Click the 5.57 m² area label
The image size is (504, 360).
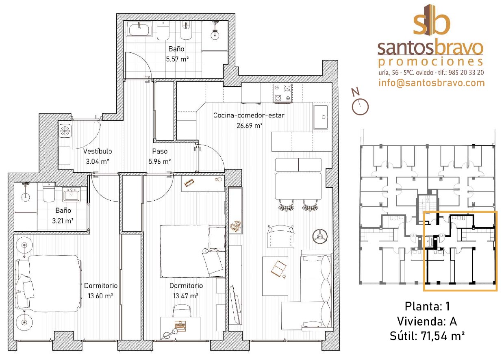177,59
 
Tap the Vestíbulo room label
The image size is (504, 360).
98,151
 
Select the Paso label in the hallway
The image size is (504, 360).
160,151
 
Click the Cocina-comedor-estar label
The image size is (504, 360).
249,115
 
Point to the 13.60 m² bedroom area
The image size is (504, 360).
100,296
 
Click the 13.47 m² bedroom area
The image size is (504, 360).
186,296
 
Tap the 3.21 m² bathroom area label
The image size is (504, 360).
63,221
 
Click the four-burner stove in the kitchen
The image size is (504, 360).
282,93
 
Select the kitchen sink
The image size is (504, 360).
321,117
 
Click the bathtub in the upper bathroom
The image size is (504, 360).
139,29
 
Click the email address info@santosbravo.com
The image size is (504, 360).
432,83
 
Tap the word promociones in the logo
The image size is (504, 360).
431,62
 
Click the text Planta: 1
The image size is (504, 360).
427,306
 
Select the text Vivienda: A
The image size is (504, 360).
427,321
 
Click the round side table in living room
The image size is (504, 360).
320,236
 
